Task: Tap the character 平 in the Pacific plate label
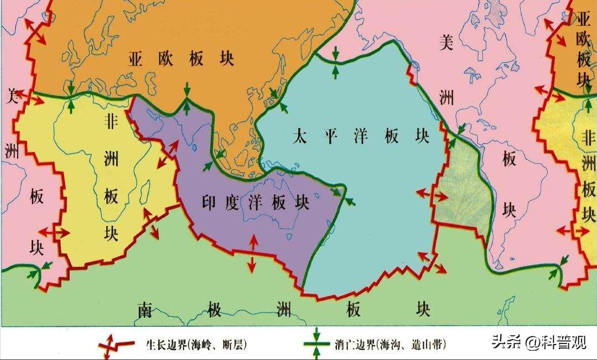330,137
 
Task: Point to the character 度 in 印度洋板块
232,203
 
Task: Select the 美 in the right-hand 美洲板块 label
446,43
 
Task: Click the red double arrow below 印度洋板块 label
252,253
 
